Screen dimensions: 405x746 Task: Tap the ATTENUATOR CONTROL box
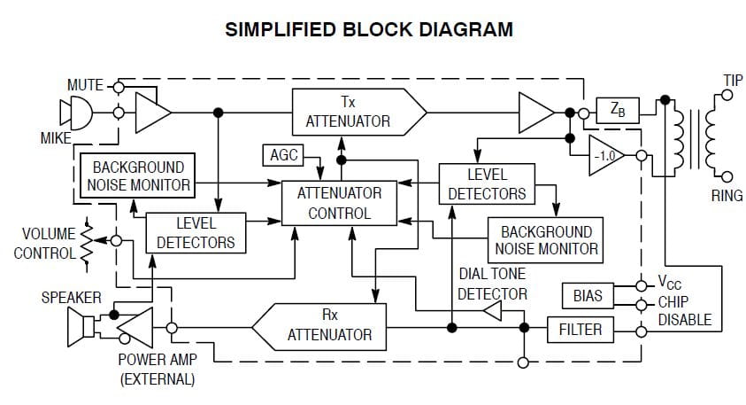click(x=339, y=202)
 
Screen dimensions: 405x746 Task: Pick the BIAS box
click(x=588, y=293)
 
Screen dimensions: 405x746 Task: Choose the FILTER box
click(x=580, y=330)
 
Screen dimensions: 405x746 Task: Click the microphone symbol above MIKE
click(x=75, y=113)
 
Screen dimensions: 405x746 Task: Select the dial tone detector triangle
click(x=491, y=310)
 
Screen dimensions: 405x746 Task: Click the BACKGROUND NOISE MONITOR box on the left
click(x=137, y=175)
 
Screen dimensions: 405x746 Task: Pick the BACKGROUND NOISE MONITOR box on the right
click(x=546, y=239)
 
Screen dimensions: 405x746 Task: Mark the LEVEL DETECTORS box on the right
click(x=487, y=183)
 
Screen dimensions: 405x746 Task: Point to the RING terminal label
click(x=727, y=196)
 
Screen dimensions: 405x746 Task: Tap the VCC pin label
click(x=670, y=284)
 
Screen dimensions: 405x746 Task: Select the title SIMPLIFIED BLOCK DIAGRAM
click(x=369, y=29)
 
